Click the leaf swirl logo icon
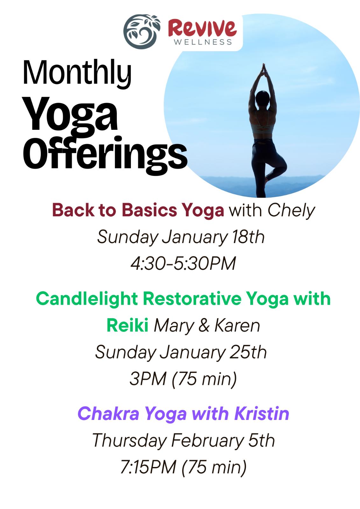pos(142,31)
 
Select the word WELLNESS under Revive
pos(203,42)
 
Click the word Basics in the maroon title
pos(149,210)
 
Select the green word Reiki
pos(128,325)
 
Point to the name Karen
pos(237,325)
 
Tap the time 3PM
pos(148,379)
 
